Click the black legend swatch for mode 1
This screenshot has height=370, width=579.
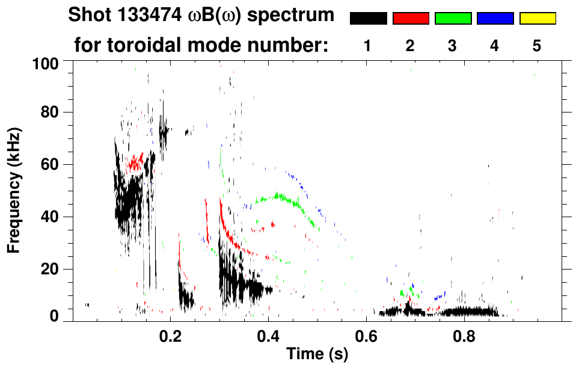(368, 19)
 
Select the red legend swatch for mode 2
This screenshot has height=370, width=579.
(411, 19)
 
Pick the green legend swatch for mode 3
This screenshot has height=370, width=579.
(453, 19)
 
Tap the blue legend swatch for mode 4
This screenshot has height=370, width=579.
(495, 19)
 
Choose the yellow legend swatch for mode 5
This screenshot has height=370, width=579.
(537, 19)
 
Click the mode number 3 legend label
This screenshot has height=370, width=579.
(453, 46)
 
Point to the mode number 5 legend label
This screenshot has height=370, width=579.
(537, 46)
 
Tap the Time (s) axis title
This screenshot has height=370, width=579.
(317, 355)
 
